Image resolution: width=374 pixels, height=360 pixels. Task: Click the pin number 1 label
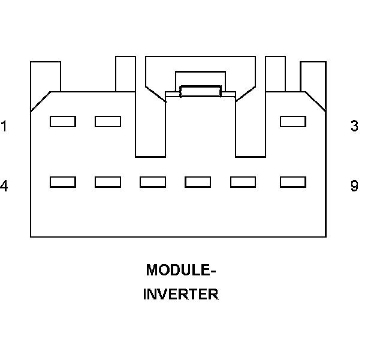4,127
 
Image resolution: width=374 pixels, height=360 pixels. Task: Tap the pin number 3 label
354,127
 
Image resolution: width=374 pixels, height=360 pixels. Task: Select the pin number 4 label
4,186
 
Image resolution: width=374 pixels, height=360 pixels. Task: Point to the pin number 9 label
354,186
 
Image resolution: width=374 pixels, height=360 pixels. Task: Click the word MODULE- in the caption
181,270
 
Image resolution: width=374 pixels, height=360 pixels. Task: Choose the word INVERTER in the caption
181,295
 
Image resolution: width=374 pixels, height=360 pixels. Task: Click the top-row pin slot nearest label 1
62,121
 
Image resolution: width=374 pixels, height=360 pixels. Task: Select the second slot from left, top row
108,121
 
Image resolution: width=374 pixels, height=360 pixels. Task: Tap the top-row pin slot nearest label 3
293,121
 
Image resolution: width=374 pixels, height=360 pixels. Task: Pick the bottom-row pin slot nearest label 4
62,181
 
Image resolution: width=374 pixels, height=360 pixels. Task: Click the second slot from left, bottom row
108,181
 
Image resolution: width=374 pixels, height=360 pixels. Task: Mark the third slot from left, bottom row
153,181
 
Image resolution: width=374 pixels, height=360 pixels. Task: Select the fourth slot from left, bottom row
198,181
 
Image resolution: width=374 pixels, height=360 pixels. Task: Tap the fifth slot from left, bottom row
243,181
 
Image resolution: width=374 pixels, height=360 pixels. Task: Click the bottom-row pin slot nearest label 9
293,181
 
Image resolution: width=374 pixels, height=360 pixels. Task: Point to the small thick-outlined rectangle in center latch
200,91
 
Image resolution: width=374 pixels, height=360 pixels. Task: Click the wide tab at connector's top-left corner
46,76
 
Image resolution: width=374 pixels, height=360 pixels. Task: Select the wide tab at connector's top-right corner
312,76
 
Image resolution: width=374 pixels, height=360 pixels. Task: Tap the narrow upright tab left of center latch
125,73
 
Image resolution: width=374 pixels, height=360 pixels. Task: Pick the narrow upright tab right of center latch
275,73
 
